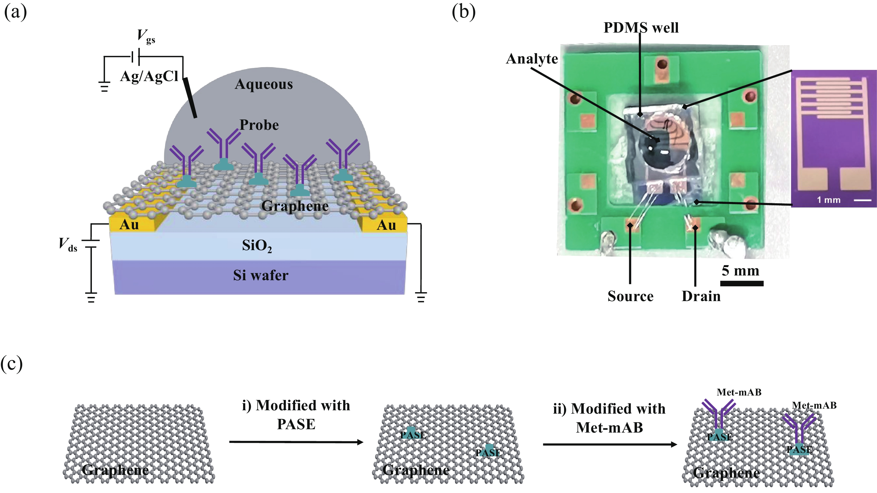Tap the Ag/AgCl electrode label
[x=149, y=76]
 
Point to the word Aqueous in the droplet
[x=264, y=84]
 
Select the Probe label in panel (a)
[x=259, y=125]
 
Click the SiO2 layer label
[x=257, y=246]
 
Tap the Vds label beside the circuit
[x=68, y=244]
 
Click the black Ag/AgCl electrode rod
[x=190, y=98]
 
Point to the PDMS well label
[x=641, y=28]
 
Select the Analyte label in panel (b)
[x=532, y=58]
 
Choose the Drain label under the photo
[x=701, y=296]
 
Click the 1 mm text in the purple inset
[x=829, y=200]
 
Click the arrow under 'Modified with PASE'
[x=296, y=442]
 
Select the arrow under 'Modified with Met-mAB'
[x=610, y=444]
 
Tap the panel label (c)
[x=12, y=364]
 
